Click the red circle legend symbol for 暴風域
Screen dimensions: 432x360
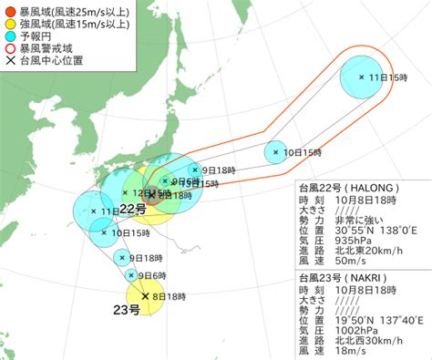(10, 11)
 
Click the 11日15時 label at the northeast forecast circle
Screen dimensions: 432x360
(387, 79)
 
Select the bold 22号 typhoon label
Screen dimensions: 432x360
(133, 211)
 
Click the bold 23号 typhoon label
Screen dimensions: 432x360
(127, 311)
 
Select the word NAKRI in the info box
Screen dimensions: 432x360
(375, 276)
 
